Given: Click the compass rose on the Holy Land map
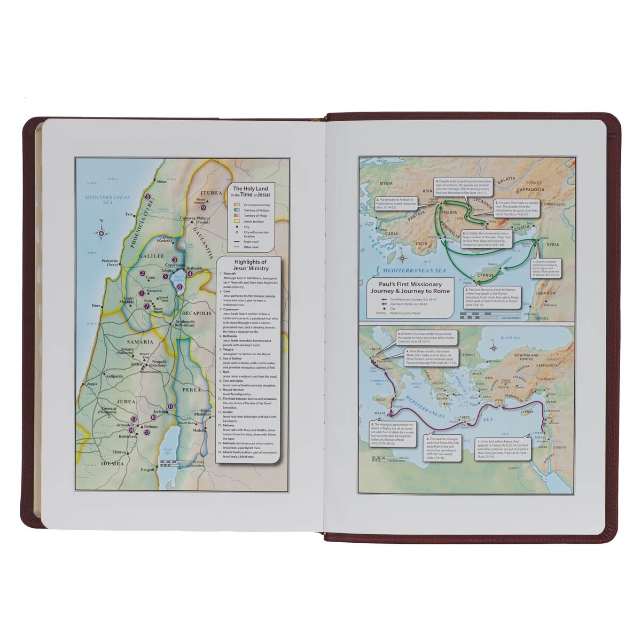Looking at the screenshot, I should click(101, 232).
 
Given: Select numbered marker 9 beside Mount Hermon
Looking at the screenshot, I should click(203, 208).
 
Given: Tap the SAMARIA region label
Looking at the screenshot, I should click(139, 342).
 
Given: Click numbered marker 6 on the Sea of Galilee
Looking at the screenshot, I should click(179, 287).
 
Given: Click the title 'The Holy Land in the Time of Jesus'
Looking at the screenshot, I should click(249, 192).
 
